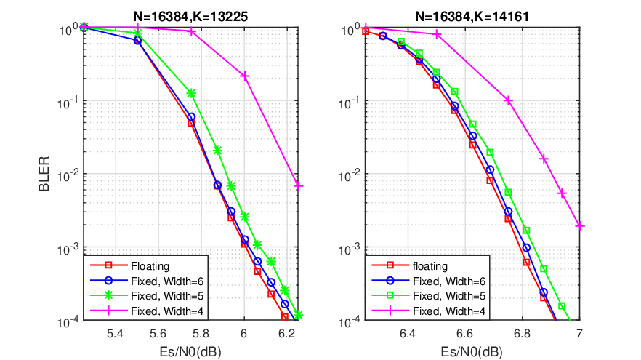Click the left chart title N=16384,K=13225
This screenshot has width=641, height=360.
[190, 16]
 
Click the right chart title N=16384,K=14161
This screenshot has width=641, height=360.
[472, 16]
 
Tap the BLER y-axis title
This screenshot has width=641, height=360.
[44, 174]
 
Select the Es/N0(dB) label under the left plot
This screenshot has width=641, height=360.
[190, 351]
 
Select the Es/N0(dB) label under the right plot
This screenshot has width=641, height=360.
[472, 351]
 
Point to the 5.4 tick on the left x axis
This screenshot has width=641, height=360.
[116, 334]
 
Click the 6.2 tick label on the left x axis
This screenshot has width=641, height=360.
[286, 334]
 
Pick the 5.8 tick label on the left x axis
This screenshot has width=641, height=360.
[201, 334]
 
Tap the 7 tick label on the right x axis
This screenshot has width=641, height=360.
[579, 334]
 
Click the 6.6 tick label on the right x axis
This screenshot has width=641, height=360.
[465, 334]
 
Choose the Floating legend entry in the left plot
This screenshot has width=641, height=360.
[150, 266]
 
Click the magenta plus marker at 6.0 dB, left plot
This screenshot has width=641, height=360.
[244, 76]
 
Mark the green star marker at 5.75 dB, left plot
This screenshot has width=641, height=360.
[191, 94]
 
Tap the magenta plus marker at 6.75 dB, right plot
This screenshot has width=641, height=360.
[508, 100]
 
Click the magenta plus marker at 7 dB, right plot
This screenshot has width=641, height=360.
[580, 225]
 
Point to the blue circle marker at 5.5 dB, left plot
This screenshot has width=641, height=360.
[137, 41]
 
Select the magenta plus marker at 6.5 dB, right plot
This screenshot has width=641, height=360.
[438, 35]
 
